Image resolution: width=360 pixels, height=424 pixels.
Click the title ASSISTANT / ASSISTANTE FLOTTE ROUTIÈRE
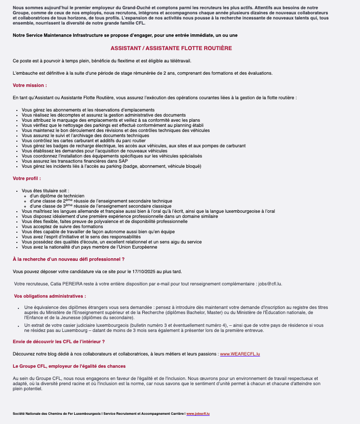(x=171, y=48)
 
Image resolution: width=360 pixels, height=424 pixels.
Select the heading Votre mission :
(x=30, y=85)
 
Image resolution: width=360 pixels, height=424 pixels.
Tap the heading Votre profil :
(x=27, y=178)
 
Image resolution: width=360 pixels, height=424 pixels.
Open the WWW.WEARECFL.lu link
(x=240, y=354)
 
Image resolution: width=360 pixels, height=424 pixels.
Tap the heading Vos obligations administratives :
(x=50, y=296)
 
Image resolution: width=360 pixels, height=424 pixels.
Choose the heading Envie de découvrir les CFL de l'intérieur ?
(x=59, y=341)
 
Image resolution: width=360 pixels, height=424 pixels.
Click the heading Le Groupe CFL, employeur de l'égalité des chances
(x=69, y=366)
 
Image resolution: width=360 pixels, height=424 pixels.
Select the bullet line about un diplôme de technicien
(x=57, y=196)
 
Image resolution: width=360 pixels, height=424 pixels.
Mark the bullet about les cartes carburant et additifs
(x=77, y=140)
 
